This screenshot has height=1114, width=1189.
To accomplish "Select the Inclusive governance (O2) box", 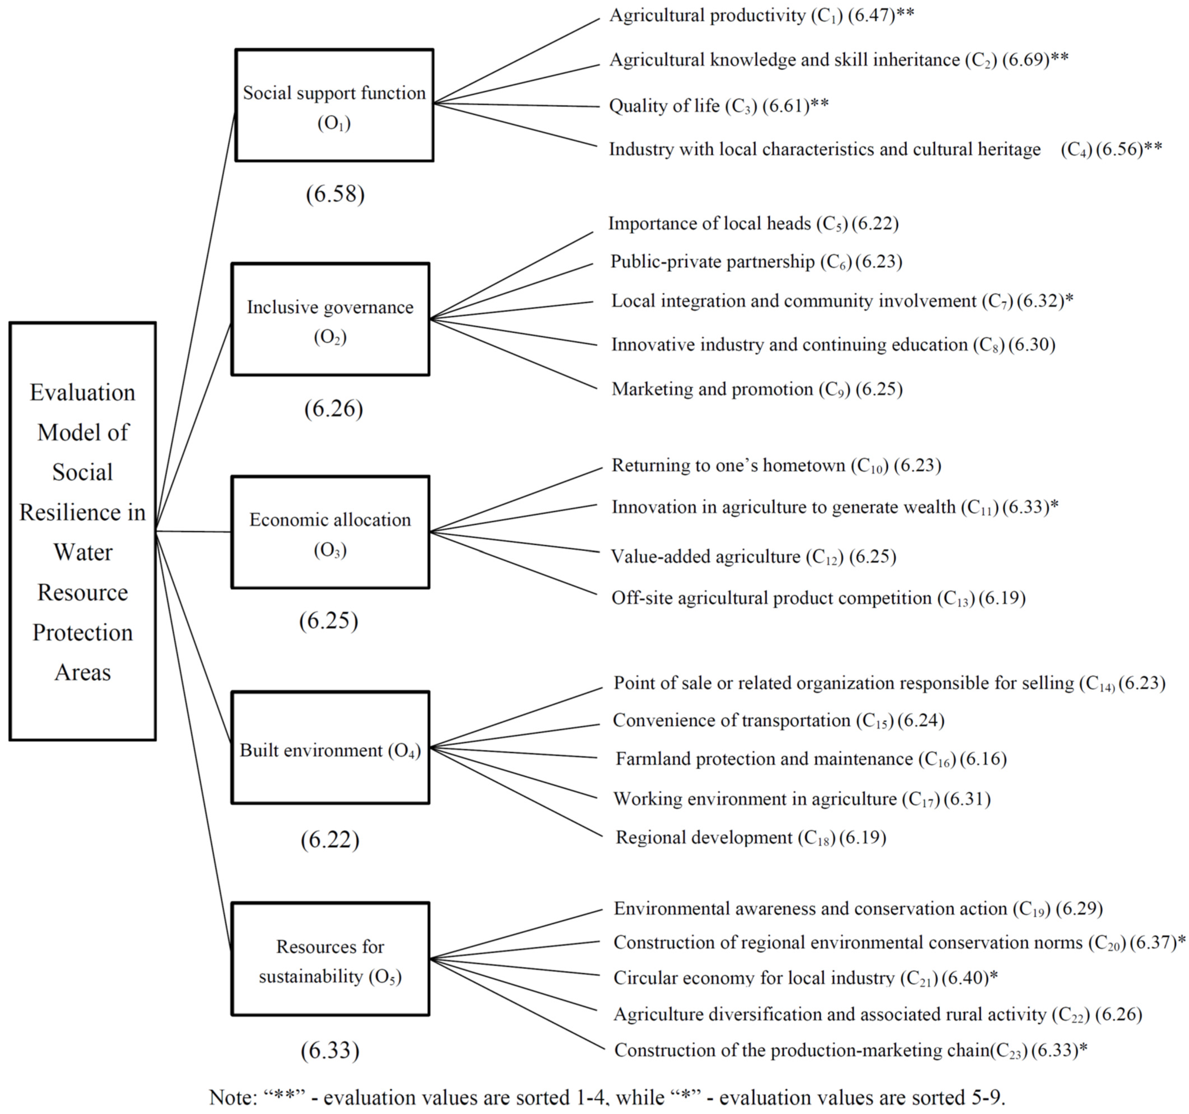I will (330, 319).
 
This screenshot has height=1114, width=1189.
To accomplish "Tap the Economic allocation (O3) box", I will (330, 532).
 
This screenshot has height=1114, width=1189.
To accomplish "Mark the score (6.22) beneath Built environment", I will (329, 840).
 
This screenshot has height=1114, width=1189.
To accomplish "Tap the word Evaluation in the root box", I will (83, 393).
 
